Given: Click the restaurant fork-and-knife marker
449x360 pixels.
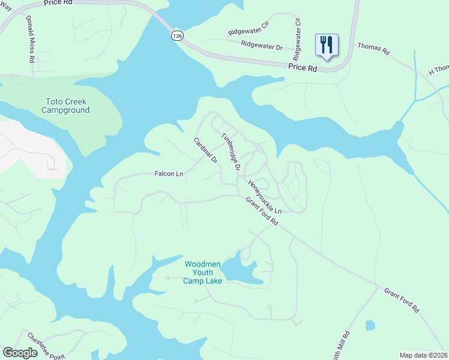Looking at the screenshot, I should pos(327,46).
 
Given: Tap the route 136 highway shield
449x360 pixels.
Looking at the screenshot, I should pos(176,36).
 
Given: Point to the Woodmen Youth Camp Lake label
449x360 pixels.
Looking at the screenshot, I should pos(203,272).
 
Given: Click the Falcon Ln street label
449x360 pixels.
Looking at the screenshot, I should pos(169,174).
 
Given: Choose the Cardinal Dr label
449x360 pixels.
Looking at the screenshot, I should pos(205,151).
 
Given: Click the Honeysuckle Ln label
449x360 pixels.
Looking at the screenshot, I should pos(265,197).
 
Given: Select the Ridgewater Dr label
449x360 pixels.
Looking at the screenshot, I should pos(262,46).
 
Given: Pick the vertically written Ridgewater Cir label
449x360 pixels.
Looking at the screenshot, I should pos(297,35).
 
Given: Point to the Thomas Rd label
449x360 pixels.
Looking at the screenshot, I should pos(373,49).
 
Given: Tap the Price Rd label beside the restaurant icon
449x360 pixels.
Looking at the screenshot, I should pos(302,68).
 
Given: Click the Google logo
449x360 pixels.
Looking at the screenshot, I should pos(20,353).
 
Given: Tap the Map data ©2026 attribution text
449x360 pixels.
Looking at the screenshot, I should pos(423,355).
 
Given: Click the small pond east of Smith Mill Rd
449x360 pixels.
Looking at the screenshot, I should pos(370,326).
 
